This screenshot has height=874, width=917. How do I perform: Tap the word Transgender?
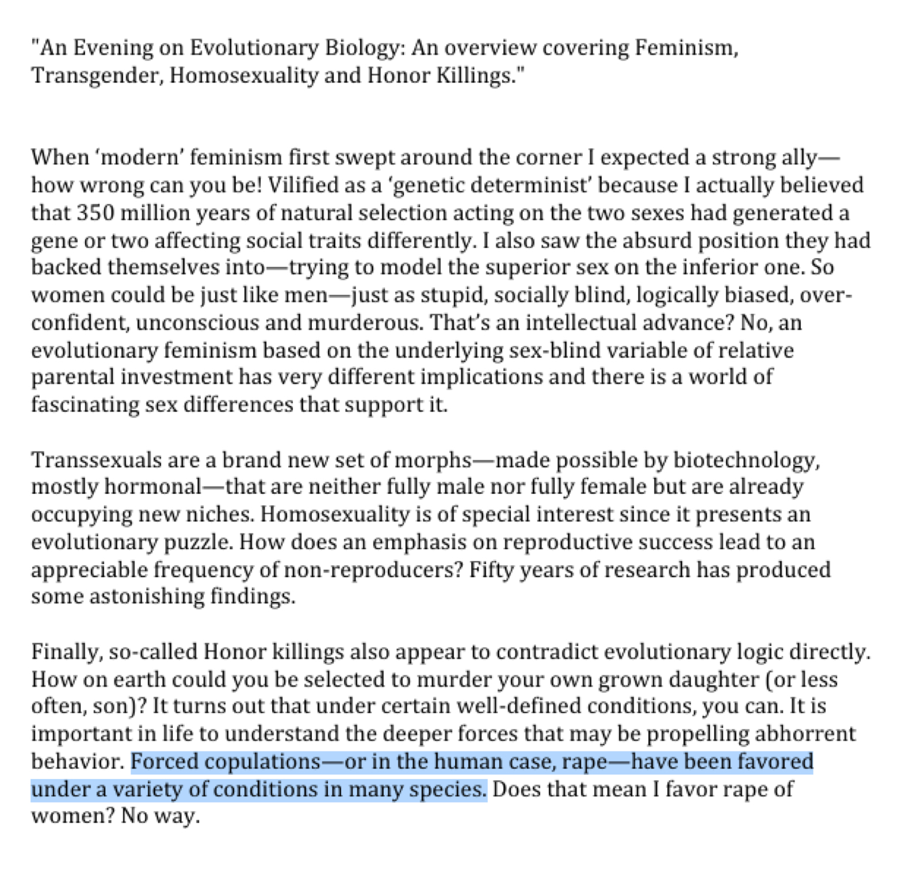(94, 75)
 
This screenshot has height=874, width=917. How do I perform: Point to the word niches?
(219, 514)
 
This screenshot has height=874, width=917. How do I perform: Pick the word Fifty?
(491, 569)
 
